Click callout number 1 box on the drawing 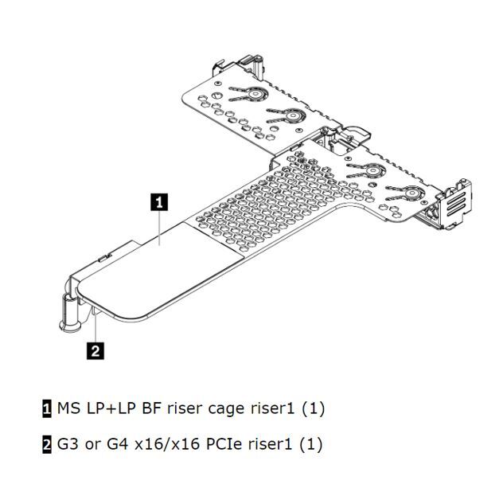click(159, 202)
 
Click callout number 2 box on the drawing click(96, 351)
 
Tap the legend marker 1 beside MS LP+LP click(47, 408)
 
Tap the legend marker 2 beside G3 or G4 click(47, 444)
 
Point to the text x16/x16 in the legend click(167, 444)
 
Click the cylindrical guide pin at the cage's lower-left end click(70, 312)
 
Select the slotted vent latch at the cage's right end click(455, 203)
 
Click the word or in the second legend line click(92, 445)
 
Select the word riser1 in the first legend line click(271, 408)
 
